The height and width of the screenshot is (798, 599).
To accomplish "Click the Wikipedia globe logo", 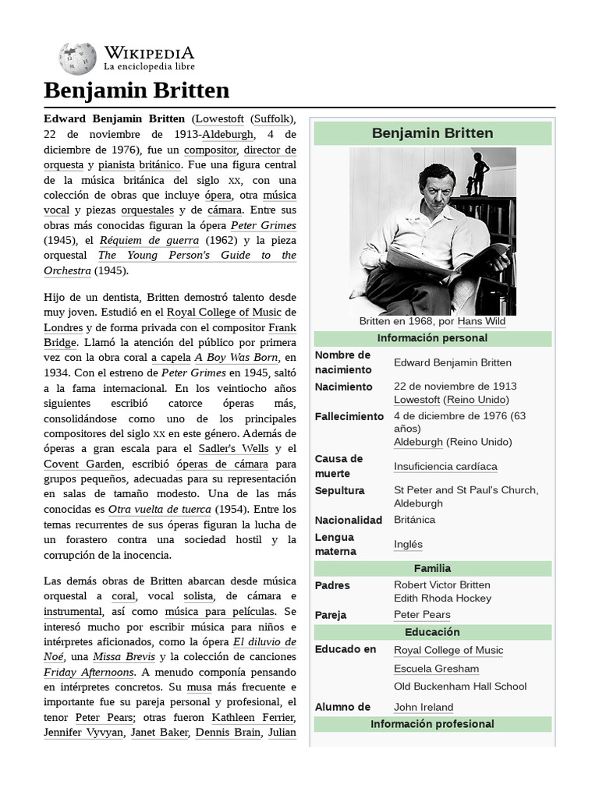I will coord(77,58).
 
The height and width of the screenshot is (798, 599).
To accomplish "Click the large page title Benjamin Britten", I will coord(136,90).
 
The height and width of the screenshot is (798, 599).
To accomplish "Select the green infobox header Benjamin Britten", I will coord(432,133).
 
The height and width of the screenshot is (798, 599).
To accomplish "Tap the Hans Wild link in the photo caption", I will coord(481,321).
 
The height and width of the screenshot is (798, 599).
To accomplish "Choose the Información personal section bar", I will coord(432,338).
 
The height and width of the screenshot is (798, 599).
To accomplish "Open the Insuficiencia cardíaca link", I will coord(445,466).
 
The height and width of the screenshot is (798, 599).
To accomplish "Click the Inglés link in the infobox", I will coord(408,544).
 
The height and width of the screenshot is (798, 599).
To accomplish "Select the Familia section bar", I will coord(432,568).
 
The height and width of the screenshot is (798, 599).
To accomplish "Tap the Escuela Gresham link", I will coord(436,669).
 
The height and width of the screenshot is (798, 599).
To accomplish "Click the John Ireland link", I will coord(424,707).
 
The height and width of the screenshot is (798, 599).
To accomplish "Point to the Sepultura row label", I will coord(339,490).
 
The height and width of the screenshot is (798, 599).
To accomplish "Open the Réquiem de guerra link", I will coord(149,241).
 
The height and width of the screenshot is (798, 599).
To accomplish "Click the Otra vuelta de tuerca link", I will coord(159,509).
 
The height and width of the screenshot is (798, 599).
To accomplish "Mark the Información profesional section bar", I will coord(432,724).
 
